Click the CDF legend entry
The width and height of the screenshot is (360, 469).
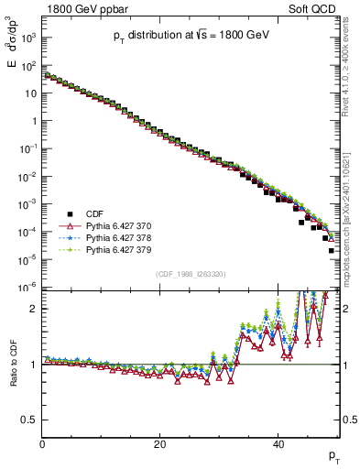[x=96, y=213]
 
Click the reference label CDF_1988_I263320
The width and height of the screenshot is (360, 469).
[x=190, y=274]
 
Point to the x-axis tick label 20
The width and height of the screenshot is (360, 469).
[x=160, y=445]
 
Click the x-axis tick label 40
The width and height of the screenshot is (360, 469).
[x=278, y=445]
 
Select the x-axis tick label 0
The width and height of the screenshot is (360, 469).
[x=42, y=445]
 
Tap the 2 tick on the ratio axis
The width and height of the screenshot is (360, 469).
[x=34, y=309]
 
